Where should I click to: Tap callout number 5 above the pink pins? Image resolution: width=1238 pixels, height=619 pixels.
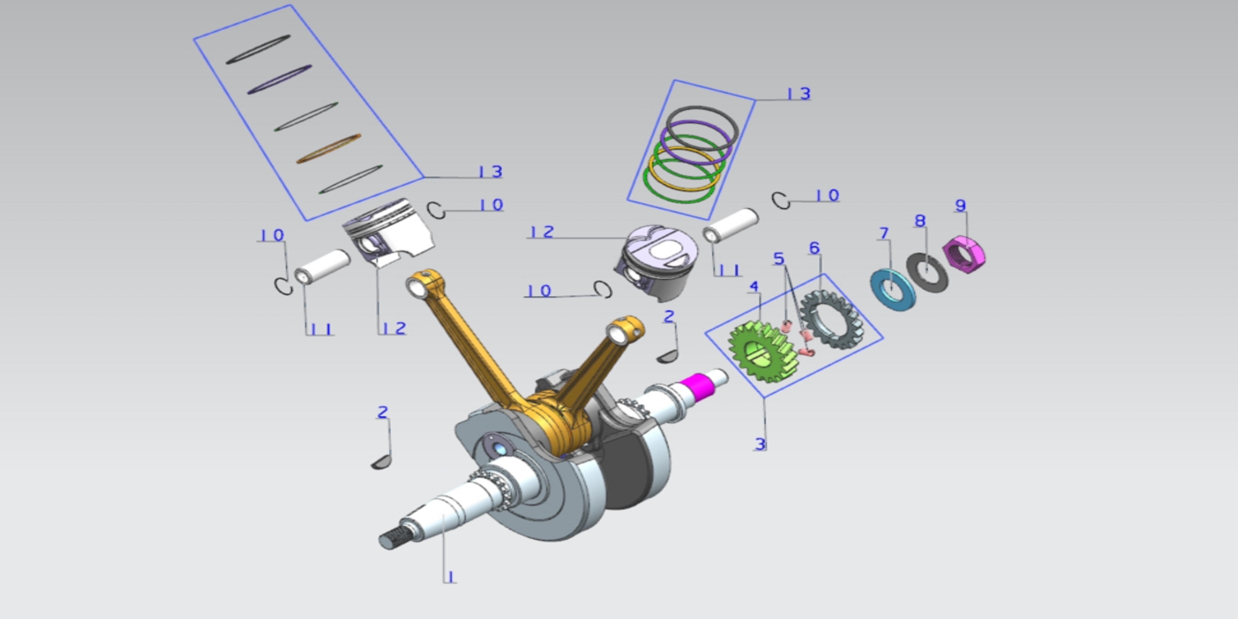point(779,258)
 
